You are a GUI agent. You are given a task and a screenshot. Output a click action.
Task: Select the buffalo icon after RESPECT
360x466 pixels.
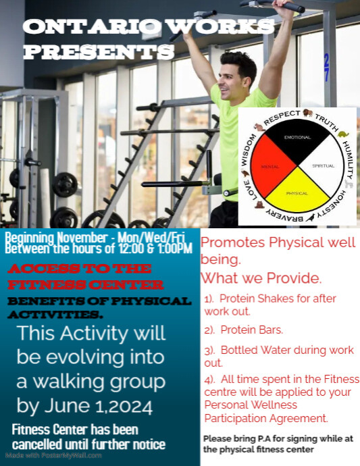coord(308,113)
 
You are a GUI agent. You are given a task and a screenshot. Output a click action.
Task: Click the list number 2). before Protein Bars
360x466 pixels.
coord(209,330)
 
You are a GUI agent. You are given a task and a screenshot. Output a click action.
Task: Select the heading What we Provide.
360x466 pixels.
coord(261,277)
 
